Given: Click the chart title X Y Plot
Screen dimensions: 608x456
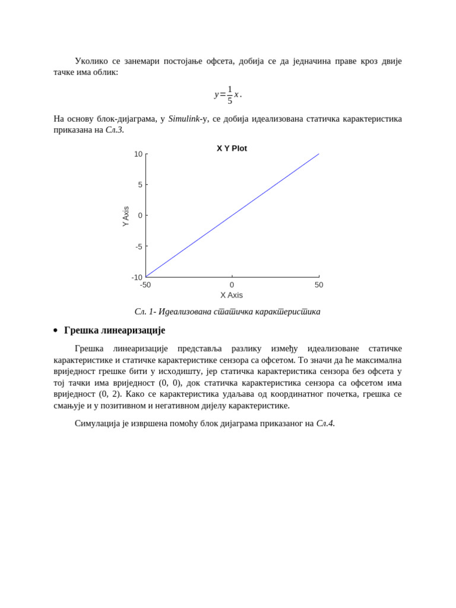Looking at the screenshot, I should (x=232, y=148).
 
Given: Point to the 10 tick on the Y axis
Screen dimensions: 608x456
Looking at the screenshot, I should (x=138, y=154).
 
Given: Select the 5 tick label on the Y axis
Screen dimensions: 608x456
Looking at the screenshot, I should (x=140, y=185).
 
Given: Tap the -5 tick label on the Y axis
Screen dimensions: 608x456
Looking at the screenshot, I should (x=138, y=246).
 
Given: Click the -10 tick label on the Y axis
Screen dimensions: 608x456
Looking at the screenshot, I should (x=137, y=277).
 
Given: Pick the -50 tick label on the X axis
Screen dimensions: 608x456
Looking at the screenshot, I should (x=145, y=285).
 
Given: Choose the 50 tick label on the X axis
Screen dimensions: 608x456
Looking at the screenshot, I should (x=319, y=285).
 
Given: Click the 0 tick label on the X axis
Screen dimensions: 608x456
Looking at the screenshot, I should (x=232, y=285).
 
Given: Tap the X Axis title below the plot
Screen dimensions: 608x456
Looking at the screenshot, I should (x=232, y=295).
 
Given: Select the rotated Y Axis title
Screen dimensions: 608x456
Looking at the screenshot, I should (x=125, y=216).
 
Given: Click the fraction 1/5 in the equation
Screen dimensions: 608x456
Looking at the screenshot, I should (x=230, y=94).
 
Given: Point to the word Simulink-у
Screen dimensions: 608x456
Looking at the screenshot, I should (x=188, y=119).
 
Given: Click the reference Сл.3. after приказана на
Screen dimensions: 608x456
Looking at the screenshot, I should (x=115, y=130).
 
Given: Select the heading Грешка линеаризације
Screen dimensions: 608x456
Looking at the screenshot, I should (x=114, y=330).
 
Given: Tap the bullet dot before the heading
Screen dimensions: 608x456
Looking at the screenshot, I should (x=56, y=331).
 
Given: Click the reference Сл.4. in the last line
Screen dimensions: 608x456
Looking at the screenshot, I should (x=325, y=423).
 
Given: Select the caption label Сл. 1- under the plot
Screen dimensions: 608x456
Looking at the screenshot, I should (x=145, y=312).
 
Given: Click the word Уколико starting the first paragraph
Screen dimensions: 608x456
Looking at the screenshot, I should (x=91, y=61).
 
